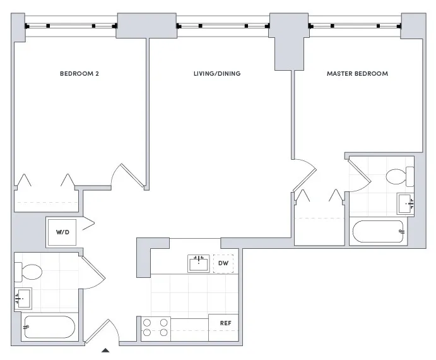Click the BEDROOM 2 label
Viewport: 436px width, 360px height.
point(80,74)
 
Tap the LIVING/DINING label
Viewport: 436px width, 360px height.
point(216,74)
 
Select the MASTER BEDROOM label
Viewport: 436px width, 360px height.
point(357,74)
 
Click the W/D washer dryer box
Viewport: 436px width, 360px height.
point(63,232)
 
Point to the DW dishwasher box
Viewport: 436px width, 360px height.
point(223,263)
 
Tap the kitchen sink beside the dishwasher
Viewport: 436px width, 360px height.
point(199,263)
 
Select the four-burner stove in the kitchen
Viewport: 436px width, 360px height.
point(155,327)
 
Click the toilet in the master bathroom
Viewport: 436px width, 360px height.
point(399,176)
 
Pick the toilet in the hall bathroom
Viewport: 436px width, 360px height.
point(29,272)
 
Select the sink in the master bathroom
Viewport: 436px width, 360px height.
point(406,203)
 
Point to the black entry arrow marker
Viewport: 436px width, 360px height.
point(106,349)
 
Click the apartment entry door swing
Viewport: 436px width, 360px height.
point(101,330)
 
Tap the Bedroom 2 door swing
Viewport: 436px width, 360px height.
point(125,174)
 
